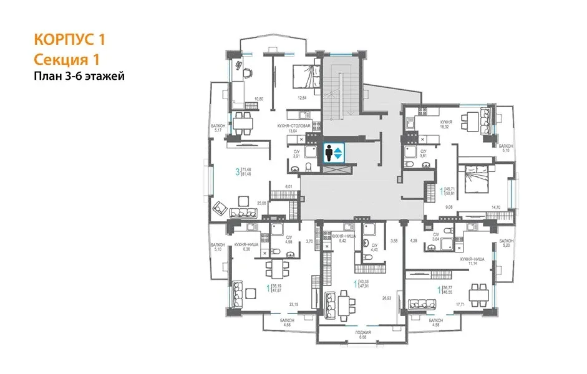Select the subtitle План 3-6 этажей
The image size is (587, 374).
pos(79,77)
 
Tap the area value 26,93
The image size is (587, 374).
pos(389,297)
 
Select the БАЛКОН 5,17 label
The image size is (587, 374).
pos(218,128)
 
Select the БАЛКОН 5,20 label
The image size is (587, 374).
pos(506,242)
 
